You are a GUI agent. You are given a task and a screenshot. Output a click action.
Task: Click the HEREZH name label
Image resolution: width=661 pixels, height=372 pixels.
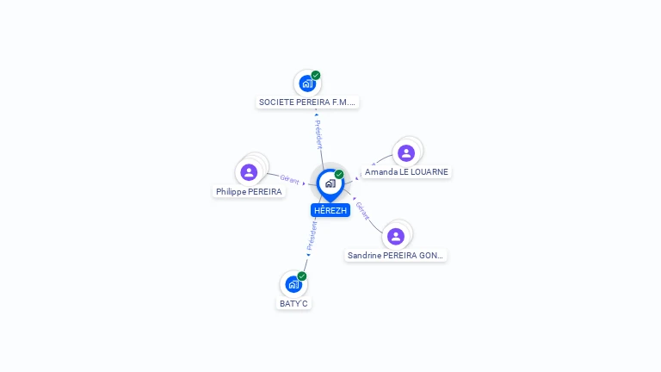click(x=330, y=210)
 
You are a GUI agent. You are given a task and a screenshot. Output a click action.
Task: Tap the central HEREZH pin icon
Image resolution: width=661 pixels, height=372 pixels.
click(x=330, y=183)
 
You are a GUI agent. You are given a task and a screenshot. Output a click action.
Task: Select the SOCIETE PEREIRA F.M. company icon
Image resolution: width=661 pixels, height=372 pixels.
click(x=306, y=84)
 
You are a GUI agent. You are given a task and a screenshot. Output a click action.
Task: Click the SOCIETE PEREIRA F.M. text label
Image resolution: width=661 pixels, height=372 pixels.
click(x=307, y=102)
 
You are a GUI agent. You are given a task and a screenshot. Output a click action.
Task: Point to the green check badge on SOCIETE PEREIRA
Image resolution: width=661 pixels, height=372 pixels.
click(x=316, y=75)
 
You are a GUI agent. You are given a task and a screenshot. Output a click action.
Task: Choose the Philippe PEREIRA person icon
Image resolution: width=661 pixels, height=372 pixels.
click(x=250, y=172)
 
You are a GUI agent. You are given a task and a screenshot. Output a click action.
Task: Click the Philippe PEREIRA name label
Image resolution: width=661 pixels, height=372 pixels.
click(x=249, y=192)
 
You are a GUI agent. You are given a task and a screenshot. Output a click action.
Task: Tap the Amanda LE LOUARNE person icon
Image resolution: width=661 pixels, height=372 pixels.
click(x=406, y=153)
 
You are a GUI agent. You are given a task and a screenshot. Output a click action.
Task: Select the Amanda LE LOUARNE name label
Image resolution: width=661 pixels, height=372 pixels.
click(x=406, y=172)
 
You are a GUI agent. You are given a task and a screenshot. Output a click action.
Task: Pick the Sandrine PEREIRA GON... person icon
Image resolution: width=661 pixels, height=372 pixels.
click(x=396, y=236)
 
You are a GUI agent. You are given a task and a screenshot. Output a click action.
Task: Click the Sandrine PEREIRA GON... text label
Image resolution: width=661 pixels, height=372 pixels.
click(x=396, y=256)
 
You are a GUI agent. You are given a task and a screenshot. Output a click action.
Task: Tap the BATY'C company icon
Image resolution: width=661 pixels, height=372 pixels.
click(x=293, y=284)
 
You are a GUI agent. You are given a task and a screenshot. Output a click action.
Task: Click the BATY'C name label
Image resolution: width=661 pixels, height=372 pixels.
click(x=293, y=304)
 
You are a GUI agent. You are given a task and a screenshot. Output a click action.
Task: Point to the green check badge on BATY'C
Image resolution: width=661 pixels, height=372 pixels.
click(x=302, y=276)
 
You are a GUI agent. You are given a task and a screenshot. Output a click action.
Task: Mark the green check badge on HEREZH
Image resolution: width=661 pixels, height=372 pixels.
click(x=339, y=174)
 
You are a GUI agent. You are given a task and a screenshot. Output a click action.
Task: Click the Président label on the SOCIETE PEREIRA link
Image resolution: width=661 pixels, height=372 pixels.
click(x=318, y=134)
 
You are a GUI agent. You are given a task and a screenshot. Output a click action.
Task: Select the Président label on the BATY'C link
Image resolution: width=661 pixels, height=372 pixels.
click(x=312, y=235)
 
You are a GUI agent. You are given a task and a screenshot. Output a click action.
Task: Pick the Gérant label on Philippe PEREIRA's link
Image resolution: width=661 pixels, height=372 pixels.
click(x=289, y=179)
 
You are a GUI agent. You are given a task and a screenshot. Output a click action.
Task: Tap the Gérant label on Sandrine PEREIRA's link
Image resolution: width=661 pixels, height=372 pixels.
click(x=362, y=211)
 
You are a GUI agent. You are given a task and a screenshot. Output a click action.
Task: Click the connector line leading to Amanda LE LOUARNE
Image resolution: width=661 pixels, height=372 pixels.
click(x=379, y=159)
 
